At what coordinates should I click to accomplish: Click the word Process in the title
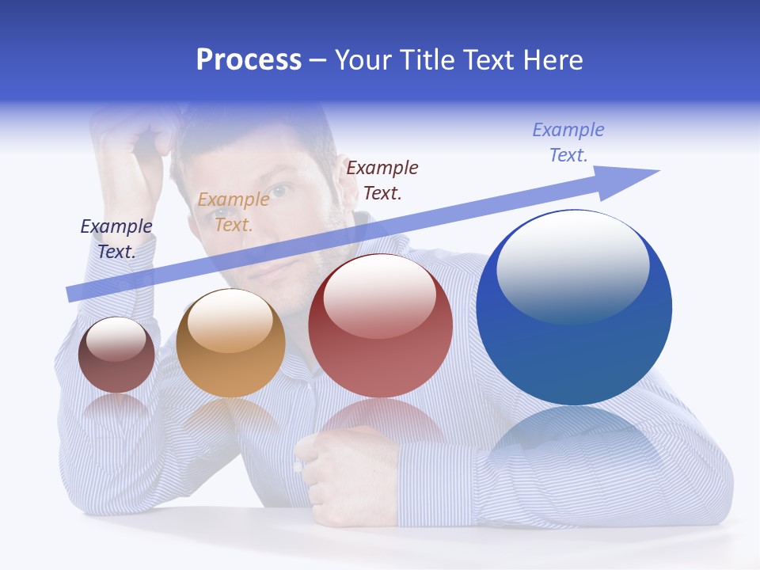[249, 60]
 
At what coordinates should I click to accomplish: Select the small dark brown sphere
[116, 355]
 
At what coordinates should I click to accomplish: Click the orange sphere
[230, 344]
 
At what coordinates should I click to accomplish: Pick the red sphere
[380, 326]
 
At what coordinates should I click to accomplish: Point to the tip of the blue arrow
[657, 171]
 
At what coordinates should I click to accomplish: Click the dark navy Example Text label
[116, 238]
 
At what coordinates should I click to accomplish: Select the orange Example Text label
[234, 211]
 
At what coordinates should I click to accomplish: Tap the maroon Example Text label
[382, 180]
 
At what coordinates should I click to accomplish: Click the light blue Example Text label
[568, 142]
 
